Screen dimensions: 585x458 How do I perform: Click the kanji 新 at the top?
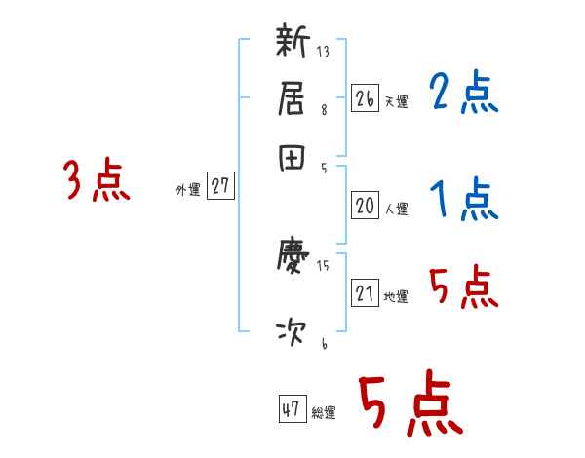click(292, 45)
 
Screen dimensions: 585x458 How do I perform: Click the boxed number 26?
click(365, 97)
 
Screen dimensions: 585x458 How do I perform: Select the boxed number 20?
click(365, 206)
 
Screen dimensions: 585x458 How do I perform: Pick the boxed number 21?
click(365, 293)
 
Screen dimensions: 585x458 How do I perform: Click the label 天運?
click(396, 101)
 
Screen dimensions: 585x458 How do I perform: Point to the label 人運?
click(396, 209)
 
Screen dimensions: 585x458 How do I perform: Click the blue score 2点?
click(463, 95)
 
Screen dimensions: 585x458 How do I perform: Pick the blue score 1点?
click(463, 200)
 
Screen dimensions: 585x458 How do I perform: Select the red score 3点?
click(97, 182)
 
